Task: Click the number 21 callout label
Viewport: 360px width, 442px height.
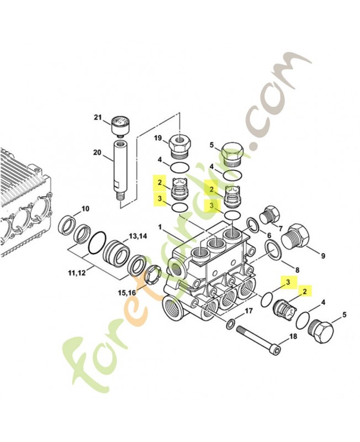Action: pos(98,117)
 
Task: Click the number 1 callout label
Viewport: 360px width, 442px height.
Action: pos(160,227)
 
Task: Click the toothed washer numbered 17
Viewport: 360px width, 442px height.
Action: pos(230,323)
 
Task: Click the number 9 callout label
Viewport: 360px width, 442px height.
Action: pos(323,256)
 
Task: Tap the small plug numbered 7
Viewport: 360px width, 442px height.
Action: pos(269,215)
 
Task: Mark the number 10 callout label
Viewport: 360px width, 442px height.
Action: pos(84,209)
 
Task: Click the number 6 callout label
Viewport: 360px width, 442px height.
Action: pos(269,235)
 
